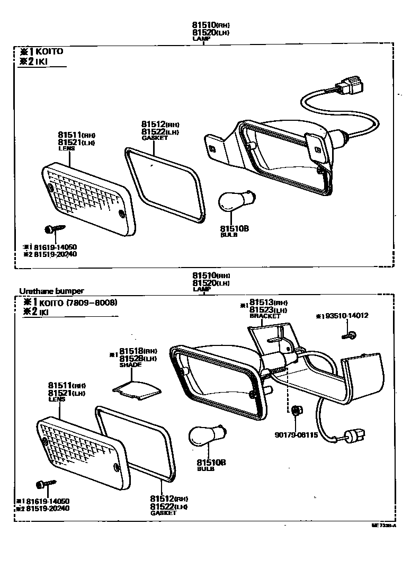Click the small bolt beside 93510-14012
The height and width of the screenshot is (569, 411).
[x=350, y=334]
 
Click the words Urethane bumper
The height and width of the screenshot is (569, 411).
[x=51, y=291]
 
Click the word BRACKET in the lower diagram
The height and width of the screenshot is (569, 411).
[x=265, y=316]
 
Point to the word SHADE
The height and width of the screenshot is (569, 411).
[x=131, y=365]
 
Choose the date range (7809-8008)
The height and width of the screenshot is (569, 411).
[x=91, y=303]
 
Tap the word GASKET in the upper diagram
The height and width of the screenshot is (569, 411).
[x=155, y=138]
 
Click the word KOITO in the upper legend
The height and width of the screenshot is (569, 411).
[x=51, y=51]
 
